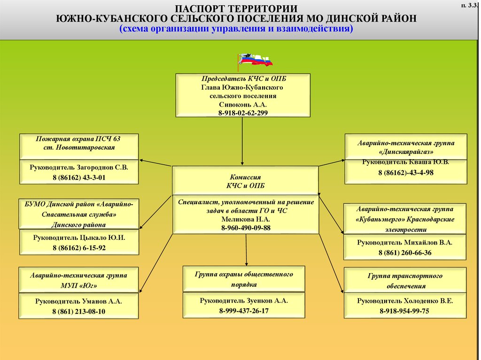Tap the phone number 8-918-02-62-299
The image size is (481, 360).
point(243,113)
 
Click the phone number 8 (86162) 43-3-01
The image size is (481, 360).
point(79,177)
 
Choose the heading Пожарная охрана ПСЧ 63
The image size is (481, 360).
point(78,139)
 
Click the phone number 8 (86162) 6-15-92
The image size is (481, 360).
point(79,248)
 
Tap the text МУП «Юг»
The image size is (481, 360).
point(79,285)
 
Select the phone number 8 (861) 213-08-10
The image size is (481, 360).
point(79,311)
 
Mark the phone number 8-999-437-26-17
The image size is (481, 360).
point(243,311)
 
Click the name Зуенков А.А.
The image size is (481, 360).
point(260,300)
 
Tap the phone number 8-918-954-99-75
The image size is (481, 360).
point(404,311)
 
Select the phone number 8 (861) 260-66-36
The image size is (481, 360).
point(404,253)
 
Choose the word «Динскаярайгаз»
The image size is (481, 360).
point(405,153)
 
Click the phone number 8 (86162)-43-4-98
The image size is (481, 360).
point(406,173)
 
